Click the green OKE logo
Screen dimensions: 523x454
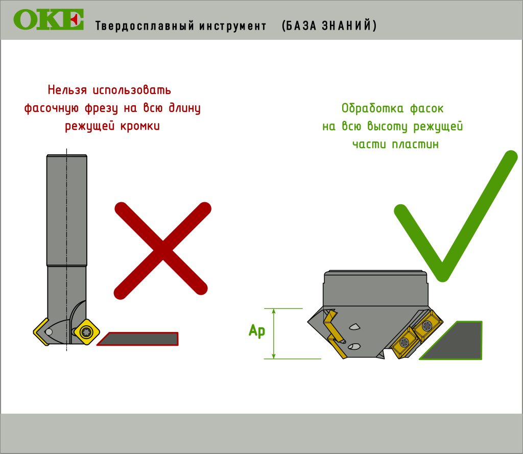click(49, 19)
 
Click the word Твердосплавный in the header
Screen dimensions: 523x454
click(145, 26)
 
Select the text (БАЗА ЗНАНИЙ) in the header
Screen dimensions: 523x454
click(329, 26)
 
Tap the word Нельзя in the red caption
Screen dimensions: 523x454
click(67, 90)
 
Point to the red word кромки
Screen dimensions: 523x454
click(140, 126)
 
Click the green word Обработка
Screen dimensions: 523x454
click(372, 108)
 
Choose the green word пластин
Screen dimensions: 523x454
click(415, 145)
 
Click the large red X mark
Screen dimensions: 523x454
click(162, 250)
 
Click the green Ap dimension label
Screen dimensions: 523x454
click(257, 331)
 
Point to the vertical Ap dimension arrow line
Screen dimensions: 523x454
click(274, 333)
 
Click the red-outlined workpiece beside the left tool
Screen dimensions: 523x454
click(137, 339)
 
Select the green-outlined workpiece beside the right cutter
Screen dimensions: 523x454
click(450, 341)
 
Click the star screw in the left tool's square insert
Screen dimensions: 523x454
click(87, 331)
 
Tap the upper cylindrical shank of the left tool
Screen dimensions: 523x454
click(67, 210)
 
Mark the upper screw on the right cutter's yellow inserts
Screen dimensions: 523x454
click(426, 326)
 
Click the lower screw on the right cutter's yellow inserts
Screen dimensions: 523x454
click(405, 342)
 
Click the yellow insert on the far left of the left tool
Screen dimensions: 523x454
click(41, 332)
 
